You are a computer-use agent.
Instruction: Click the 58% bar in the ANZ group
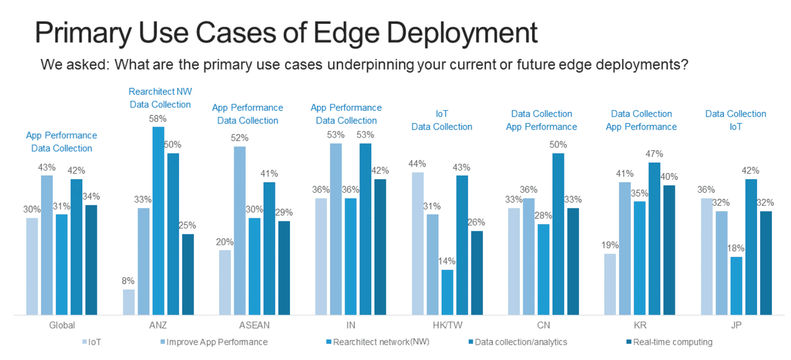[x=158, y=221]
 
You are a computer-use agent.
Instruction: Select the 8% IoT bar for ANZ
[x=129, y=302]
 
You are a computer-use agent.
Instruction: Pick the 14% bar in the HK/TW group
[x=447, y=292]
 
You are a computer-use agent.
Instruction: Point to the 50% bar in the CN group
[x=558, y=234]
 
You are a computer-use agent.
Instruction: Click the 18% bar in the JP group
[x=736, y=286]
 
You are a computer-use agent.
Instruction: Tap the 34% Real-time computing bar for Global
[x=91, y=260]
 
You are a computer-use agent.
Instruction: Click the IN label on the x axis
[x=350, y=326]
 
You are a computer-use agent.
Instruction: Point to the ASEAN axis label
[x=254, y=326]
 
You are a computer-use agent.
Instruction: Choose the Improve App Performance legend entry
[x=217, y=342]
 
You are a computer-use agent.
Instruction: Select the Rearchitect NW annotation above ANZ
[x=160, y=92]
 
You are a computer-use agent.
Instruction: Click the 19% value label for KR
[x=610, y=245]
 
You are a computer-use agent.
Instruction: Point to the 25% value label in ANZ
[x=187, y=226]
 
